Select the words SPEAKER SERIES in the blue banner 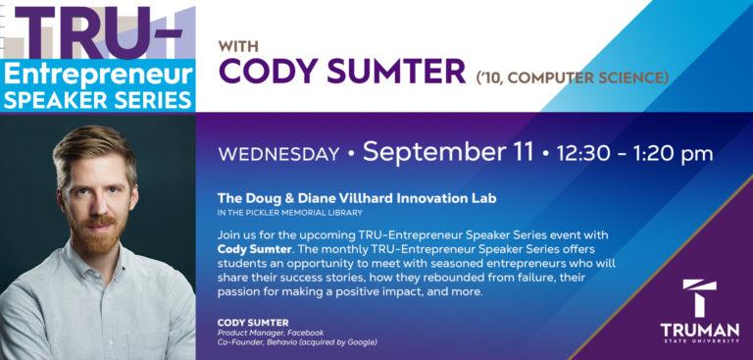97,99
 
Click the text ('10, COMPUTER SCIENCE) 573,76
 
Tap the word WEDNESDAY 278,154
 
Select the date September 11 448,152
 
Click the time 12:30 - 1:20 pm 634,154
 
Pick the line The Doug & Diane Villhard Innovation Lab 357,198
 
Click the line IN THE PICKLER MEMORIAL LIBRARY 290,212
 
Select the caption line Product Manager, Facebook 271,333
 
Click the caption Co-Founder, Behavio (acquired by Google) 297,342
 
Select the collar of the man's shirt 93,284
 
